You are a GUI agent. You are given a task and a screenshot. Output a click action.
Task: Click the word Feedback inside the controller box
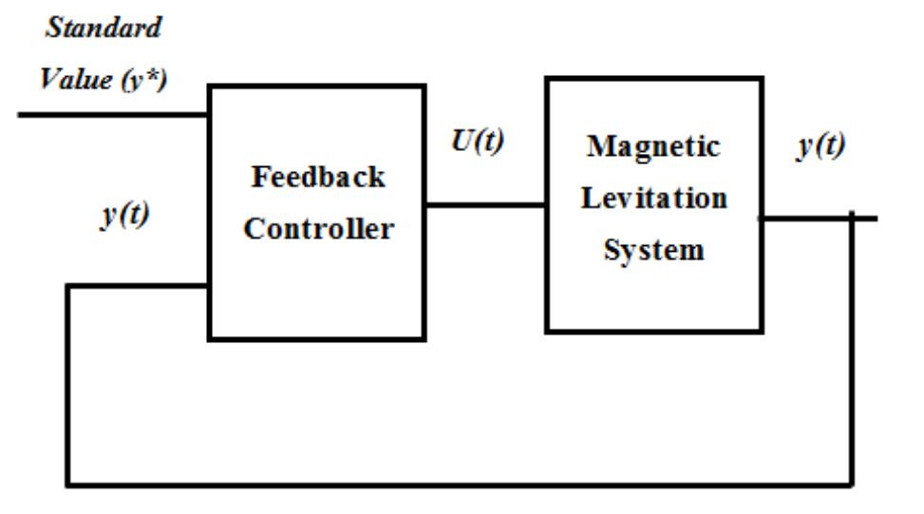coord(318,177)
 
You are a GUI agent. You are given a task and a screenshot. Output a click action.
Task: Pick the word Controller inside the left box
coord(318,229)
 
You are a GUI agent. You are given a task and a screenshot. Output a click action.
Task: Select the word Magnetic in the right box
coord(653,146)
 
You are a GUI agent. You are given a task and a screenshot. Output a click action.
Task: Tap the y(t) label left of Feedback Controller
coord(124,217)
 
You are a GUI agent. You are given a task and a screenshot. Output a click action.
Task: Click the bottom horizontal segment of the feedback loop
coord(456,485)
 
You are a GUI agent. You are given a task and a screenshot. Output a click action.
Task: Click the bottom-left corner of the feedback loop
coord(68,485)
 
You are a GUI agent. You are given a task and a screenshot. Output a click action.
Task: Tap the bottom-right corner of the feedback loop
coord(852,485)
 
